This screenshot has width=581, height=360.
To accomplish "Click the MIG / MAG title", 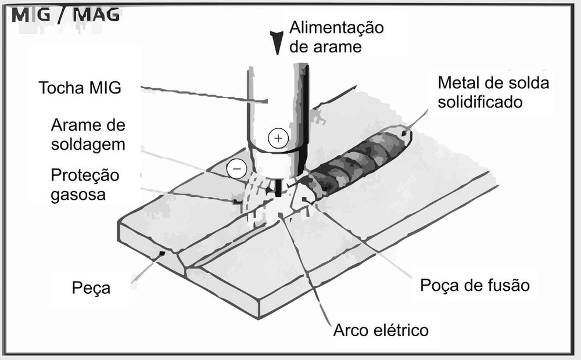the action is coord(66,15).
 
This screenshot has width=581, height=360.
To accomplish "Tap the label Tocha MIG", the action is coord(80,88).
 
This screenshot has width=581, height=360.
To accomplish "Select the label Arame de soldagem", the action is coord(88,135).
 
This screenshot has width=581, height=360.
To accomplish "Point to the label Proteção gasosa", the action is coord(85,185).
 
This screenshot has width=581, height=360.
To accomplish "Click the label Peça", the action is coord(91,288).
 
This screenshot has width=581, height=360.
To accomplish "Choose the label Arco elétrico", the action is coord(381,330).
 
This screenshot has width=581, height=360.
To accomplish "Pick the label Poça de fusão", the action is coord(475,285).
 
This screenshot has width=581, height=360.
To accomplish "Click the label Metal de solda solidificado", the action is coord(493,92).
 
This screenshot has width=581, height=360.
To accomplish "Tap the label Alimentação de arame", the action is coord(336,37).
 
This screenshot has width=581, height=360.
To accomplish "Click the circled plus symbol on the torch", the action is coord(278,138).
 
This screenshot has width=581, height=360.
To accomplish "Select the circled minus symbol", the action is coord(236,169).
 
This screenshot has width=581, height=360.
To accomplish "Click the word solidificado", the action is coord(480,102).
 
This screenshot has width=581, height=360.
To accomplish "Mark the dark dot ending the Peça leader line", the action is coord(162,253).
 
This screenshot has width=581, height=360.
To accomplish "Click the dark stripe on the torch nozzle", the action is coord(305,115).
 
